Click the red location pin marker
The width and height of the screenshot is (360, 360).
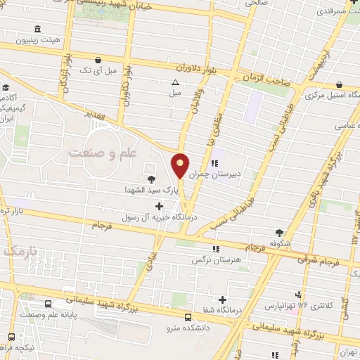point(181,165)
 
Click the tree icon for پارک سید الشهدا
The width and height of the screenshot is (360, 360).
point(151,179)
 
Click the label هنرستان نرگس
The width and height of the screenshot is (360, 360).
point(219,259)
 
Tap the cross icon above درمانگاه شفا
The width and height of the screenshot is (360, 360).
point(222,300)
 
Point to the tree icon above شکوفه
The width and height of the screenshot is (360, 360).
point(281,233)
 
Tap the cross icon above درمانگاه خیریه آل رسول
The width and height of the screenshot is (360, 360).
point(159,206)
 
